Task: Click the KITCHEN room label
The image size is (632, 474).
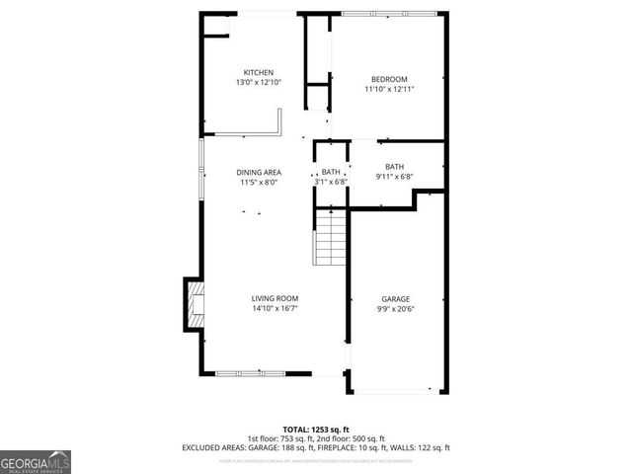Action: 259,72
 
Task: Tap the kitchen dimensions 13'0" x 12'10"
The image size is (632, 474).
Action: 259,83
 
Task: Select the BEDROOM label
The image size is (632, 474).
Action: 389,79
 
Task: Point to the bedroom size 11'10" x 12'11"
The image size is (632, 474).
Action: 389,89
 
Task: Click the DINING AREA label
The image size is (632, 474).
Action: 259,173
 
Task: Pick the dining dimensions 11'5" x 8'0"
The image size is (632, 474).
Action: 259,183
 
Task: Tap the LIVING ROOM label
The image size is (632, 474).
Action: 275,298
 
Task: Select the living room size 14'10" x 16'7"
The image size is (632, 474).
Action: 275,308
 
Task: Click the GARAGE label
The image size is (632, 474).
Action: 396,299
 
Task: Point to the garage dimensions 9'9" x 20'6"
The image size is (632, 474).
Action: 396,309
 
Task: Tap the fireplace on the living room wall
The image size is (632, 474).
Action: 195,305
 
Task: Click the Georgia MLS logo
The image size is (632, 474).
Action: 36,461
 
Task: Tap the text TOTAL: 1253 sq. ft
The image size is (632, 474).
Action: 315,428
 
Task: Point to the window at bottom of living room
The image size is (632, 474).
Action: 241,373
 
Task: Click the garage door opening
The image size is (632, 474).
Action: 396,391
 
